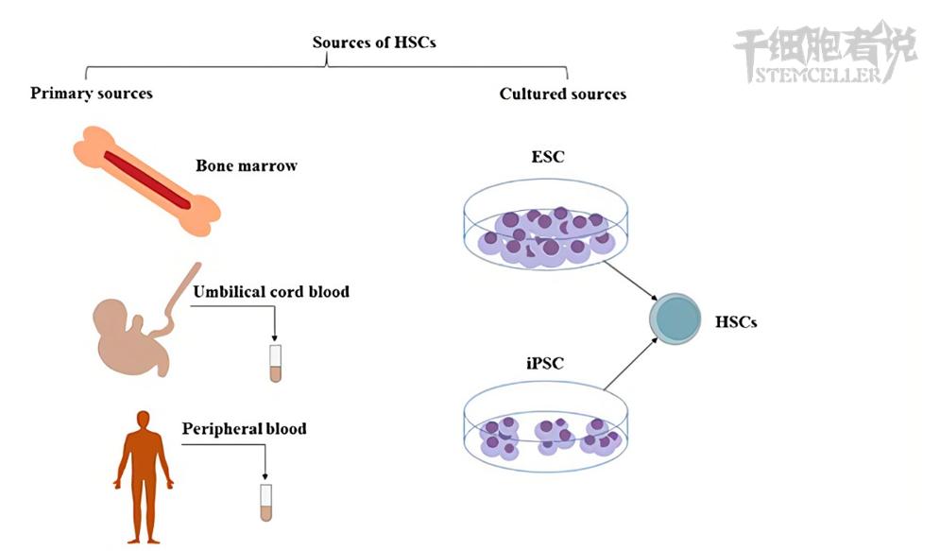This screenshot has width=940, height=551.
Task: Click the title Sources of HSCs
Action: pos(374,43)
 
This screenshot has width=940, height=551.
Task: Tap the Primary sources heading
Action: pos(91,94)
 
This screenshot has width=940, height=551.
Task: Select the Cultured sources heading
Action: pos(562,94)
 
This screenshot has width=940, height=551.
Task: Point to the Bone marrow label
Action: pos(247,166)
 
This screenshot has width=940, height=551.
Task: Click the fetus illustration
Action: pos(128,336)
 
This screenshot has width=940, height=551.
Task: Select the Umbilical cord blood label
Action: pos(271,292)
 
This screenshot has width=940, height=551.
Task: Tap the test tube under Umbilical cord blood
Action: pos(276,363)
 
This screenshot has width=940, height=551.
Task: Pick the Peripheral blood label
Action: pos(244,429)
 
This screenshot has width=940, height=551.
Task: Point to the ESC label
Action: pos(549,157)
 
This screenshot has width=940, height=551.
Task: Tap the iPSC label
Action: pos(546,361)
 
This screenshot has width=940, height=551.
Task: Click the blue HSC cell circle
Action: pos(675,319)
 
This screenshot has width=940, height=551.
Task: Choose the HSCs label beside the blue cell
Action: pos(736,321)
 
